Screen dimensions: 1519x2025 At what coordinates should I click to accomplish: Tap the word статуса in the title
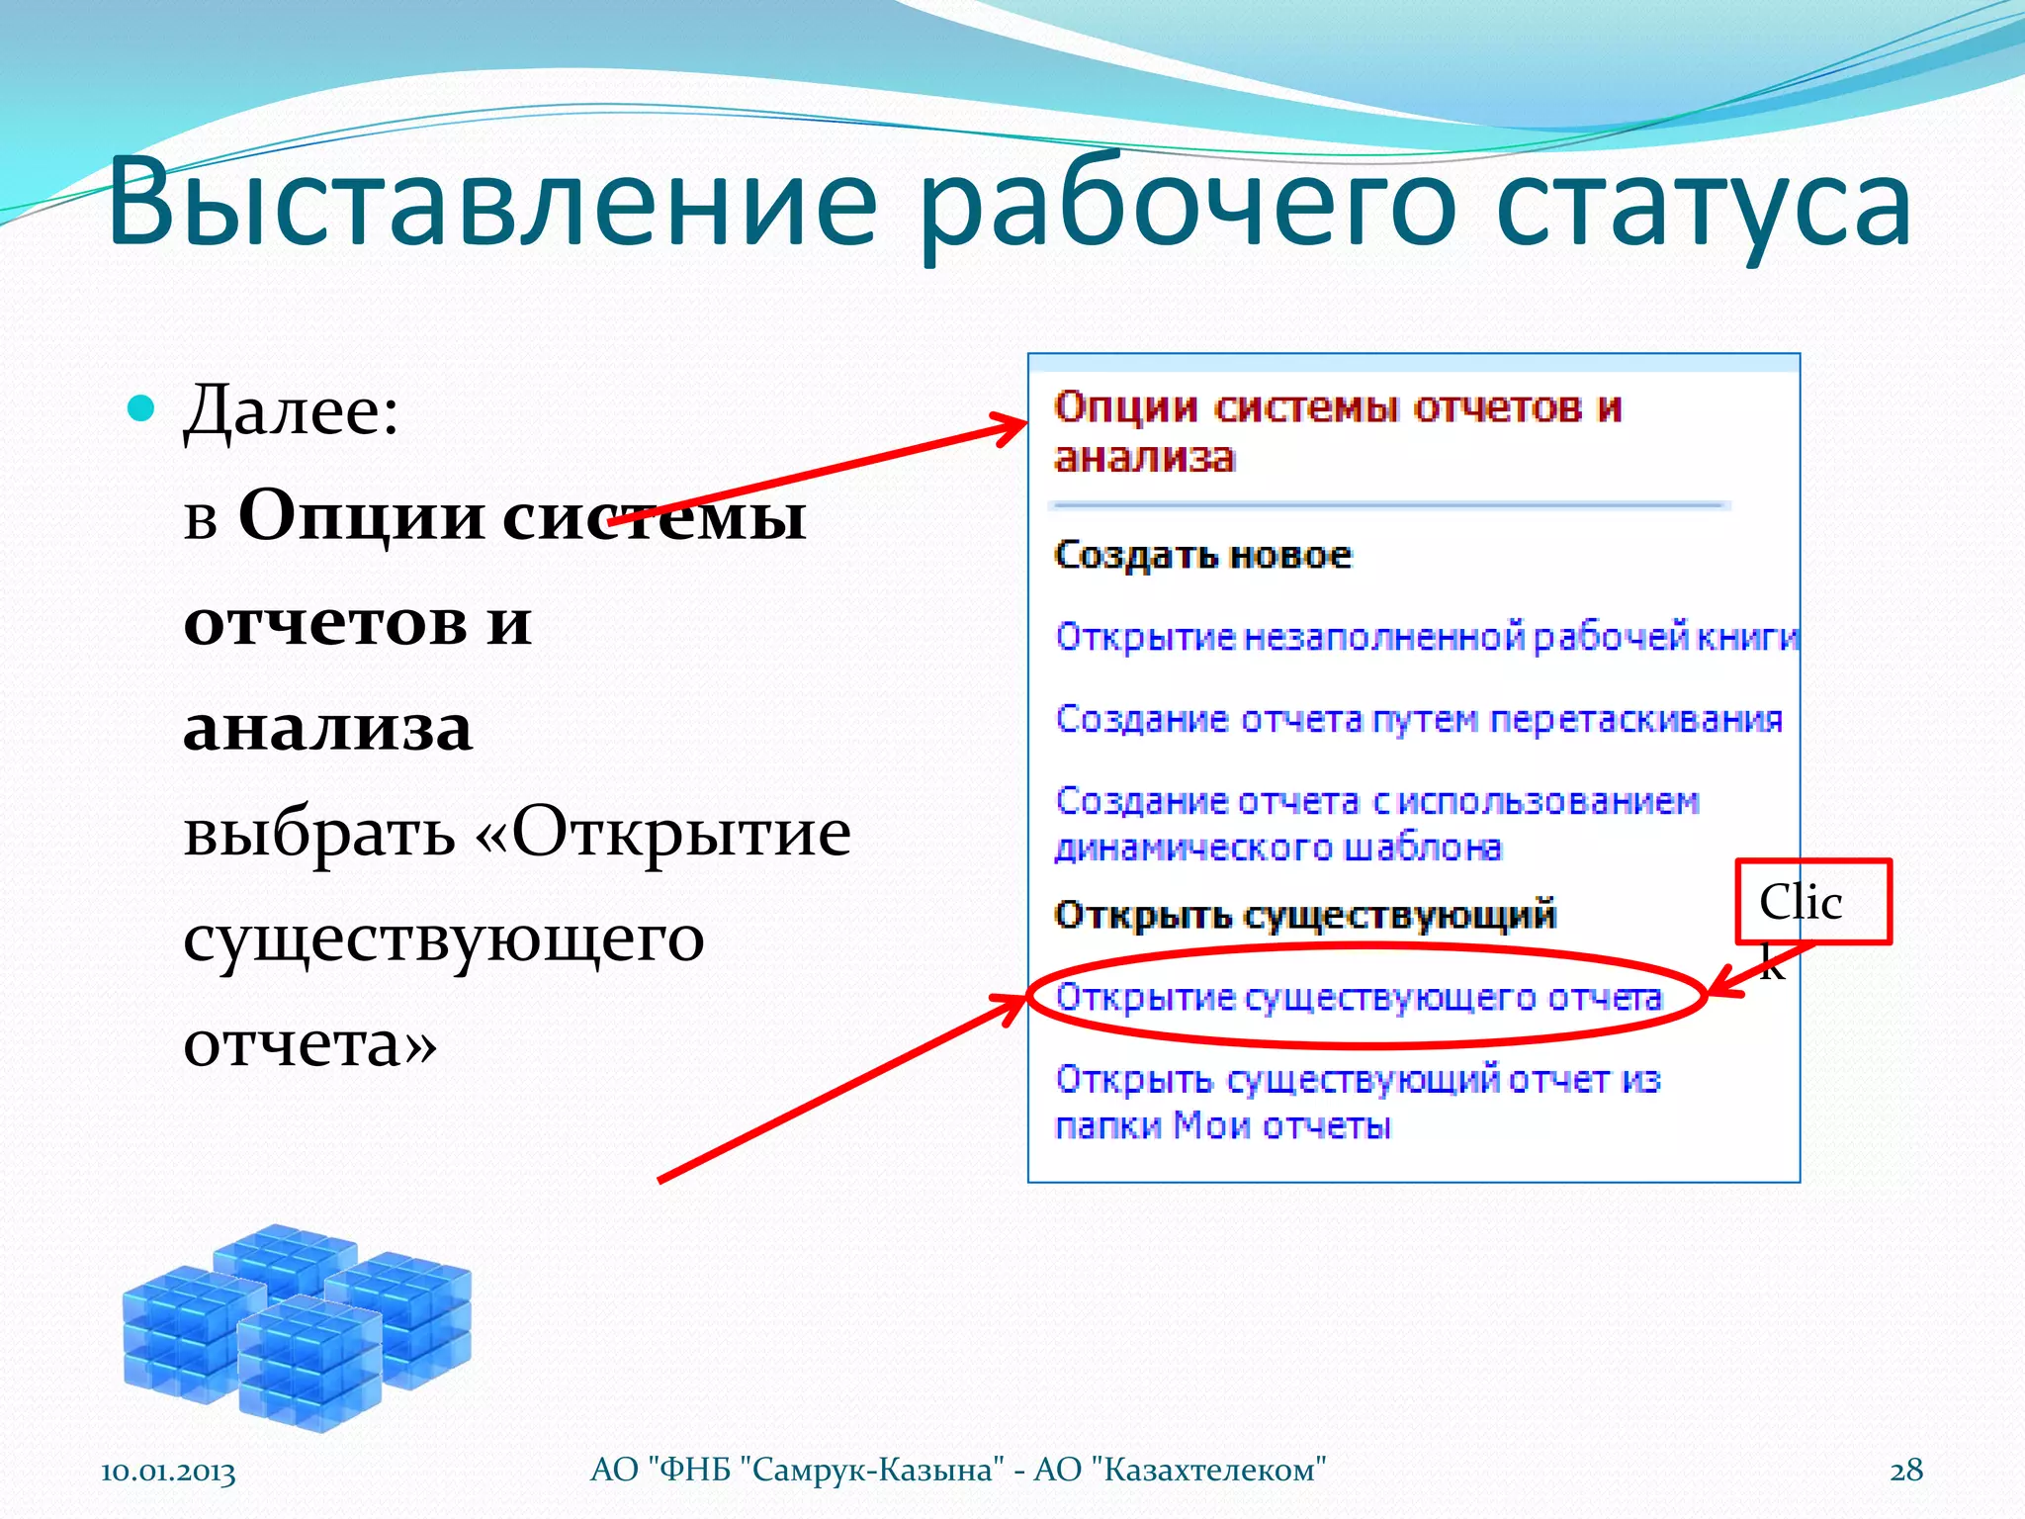(1703, 206)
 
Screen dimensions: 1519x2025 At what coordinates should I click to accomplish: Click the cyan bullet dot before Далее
(142, 407)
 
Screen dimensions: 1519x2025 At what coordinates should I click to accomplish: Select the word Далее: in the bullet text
(292, 410)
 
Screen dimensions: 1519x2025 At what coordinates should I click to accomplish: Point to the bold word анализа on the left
(328, 728)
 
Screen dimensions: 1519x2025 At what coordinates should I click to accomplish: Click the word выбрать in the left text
(318, 833)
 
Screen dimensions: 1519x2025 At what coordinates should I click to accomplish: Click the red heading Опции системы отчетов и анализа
(1337, 431)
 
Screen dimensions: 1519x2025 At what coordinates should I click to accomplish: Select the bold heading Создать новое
(1202, 555)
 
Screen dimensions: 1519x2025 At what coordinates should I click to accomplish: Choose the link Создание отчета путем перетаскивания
(1419, 719)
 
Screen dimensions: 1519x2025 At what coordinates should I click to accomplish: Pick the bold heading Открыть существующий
(1305, 915)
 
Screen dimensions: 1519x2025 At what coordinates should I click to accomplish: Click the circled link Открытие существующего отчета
(1359, 997)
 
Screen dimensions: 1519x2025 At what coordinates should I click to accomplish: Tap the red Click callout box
(1812, 901)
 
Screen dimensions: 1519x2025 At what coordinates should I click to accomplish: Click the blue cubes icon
(297, 1325)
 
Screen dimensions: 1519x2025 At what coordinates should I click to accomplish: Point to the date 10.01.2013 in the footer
(168, 1472)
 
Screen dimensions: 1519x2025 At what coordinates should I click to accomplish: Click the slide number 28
(1906, 1471)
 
